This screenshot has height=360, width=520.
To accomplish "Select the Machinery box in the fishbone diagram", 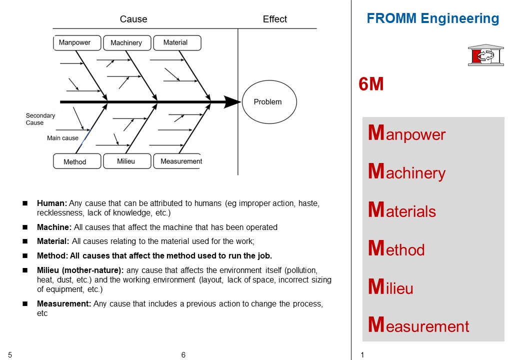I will click(126, 43).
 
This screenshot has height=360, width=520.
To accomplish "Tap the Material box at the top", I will click(176, 43).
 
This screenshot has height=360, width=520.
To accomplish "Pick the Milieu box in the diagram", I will click(126, 161).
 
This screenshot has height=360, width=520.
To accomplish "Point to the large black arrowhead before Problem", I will click(232, 102).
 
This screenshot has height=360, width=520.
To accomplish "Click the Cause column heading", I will click(133, 19).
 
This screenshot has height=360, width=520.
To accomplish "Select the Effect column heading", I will click(275, 19).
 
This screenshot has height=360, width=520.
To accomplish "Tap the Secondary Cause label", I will click(40, 119).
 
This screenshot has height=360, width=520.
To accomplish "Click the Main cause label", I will click(62, 138).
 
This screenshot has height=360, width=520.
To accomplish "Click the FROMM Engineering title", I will click(432, 19).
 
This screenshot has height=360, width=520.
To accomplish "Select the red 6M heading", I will click(371, 84).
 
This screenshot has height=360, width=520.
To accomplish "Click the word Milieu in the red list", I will click(390, 287).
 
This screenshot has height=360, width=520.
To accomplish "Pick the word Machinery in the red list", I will click(406, 173).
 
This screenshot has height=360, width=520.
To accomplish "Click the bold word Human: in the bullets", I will click(52, 203).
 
